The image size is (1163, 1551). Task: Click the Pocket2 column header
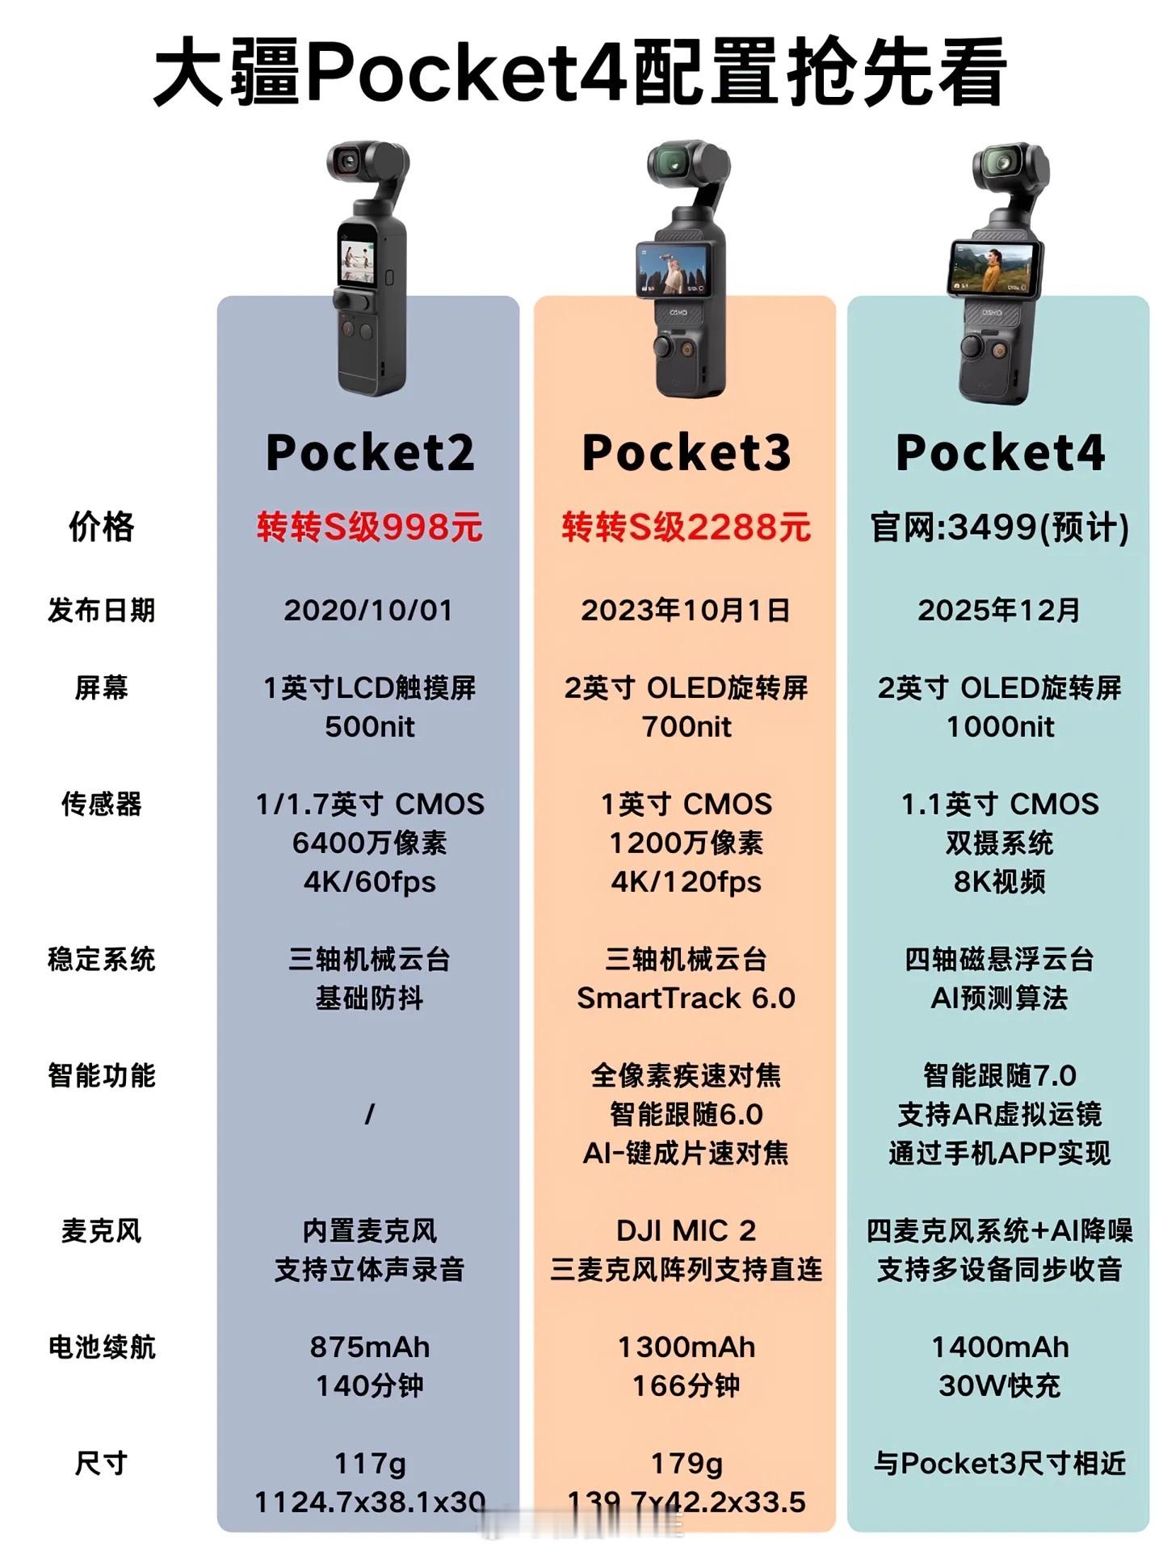[370, 452]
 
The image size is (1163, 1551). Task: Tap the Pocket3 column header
[686, 452]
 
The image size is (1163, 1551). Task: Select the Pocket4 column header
[1000, 452]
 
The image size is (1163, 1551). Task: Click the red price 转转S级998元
[370, 528]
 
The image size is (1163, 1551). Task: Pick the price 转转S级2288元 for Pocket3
[686, 528]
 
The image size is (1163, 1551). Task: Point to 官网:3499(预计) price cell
[1000, 528]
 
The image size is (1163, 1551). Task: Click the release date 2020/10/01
[368, 610]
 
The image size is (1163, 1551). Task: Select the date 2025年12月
[999, 610]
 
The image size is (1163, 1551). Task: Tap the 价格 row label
[102, 528]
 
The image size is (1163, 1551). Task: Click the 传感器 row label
[102, 804]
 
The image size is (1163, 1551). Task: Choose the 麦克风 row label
[102, 1230]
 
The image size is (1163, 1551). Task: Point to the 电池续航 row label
[102, 1347]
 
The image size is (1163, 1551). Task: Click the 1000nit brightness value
[1000, 727]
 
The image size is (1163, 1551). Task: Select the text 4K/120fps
[686, 881]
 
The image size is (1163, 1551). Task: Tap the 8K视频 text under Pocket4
[1000, 881]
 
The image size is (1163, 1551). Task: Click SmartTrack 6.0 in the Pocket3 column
[686, 998]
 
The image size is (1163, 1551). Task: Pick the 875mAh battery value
[370, 1347]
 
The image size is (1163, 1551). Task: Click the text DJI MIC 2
[686, 1230]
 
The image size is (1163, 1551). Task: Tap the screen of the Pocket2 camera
[356, 261]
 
